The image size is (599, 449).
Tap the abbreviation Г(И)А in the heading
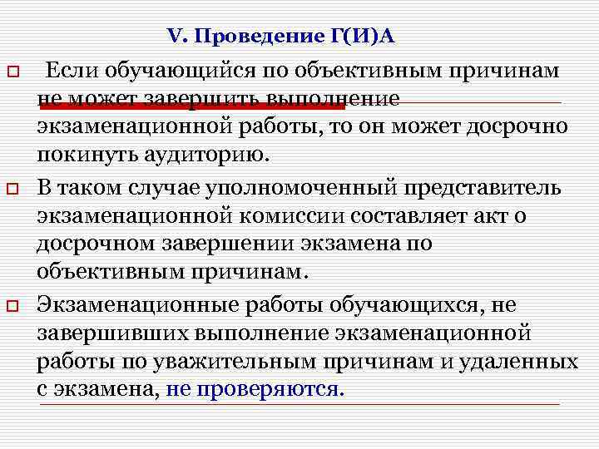356,36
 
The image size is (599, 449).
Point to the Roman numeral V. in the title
178,36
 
